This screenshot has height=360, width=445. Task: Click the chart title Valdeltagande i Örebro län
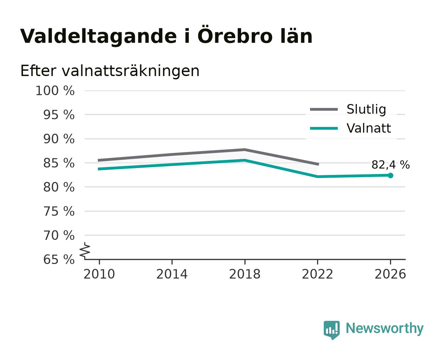pyautogui.click(x=166, y=35)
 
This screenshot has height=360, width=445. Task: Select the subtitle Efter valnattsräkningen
pyautogui.click(x=110, y=71)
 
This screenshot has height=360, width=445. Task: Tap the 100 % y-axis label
pyautogui.click(x=55, y=91)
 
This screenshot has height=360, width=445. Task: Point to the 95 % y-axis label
pyautogui.click(x=59, y=115)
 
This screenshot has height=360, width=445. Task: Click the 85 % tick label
pyautogui.click(x=59, y=163)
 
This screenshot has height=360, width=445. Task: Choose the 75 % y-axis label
pyautogui.click(x=59, y=211)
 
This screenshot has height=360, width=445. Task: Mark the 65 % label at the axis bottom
pyautogui.click(x=59, y=260)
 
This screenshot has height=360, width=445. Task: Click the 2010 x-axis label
pyautogui.click(x=99, y=274)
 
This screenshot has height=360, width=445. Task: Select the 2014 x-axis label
pyautogui.click(x=172, y=274)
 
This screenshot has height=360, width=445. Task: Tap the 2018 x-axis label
pyautogui.click(x=245, y=274)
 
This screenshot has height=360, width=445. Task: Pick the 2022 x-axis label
pyautogui.click(x=317, y=274)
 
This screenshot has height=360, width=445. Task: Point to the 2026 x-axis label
pyautogui.click(x=390, y=274)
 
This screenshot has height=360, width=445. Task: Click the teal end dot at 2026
pyautogui.click(x=390, y=176)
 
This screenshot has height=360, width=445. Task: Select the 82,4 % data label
pyautogui.click(x=390, y=165)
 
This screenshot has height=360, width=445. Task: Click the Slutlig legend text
pyautogui.click(x=366, y=110)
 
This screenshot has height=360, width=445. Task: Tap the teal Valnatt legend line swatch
pyautogui.click(x=324, y=128)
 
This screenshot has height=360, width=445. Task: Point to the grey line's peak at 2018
pyautogui.click(x=245, y=150)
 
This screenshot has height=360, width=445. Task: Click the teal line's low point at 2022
pyautogui.click(x=317, y=177)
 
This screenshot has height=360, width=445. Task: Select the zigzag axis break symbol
pyautogui.click(x=85, y=251)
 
